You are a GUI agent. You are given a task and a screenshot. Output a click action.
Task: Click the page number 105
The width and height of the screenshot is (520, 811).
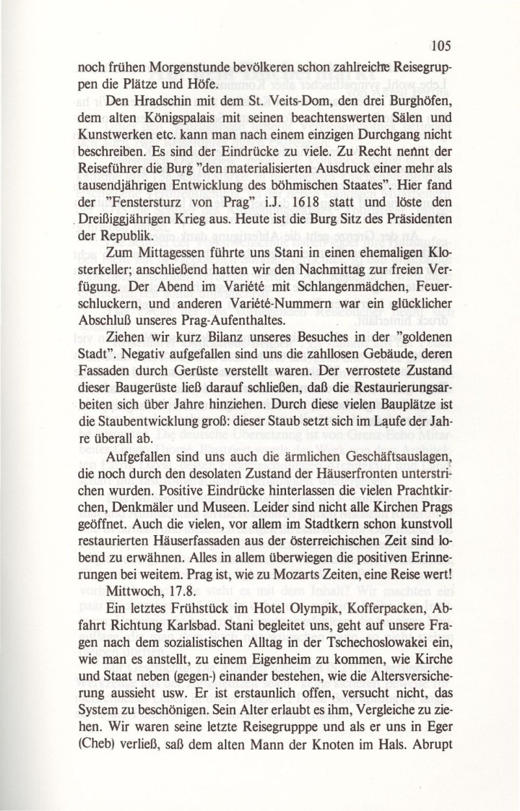coord(439,46)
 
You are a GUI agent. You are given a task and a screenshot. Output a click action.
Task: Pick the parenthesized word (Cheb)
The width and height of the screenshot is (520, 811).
coord(99,775)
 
